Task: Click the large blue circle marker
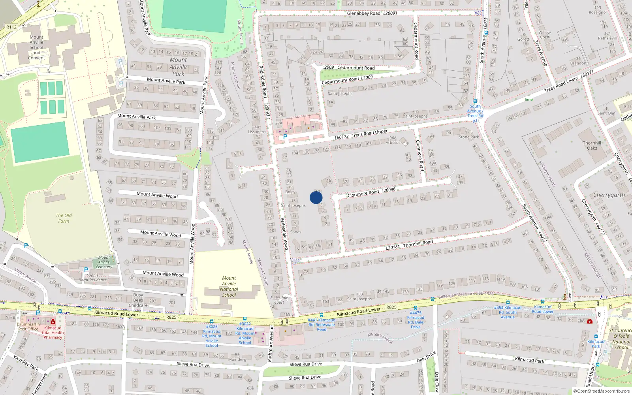(316, 197)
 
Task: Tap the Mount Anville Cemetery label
(104, 262)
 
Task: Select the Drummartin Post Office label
(28, 327)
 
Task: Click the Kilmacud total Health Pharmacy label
(53, 333)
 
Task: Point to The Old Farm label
(64, 218)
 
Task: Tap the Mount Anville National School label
(229, 286)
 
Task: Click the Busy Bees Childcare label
(138, 300)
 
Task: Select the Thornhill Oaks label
(592, 145)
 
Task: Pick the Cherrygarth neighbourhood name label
(609, 195)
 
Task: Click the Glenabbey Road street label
(363, 13)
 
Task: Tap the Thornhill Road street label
(418, 243)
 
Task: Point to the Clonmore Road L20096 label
(371, 192)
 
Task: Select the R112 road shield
(11, 27)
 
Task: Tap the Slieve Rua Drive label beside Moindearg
(193, 364)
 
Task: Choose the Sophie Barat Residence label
(92, 278)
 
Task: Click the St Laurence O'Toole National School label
(621, 339)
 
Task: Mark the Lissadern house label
(257, 132)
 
